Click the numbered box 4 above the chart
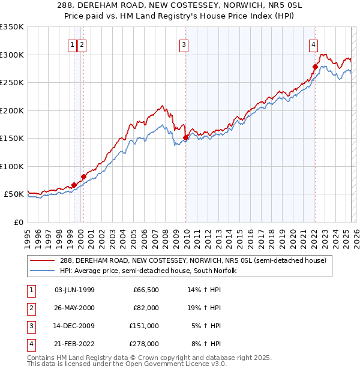[313, 44]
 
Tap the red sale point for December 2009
[185, 137]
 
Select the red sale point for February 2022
[315, 67]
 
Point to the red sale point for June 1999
[74, 185]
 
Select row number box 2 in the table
[31, 308]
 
